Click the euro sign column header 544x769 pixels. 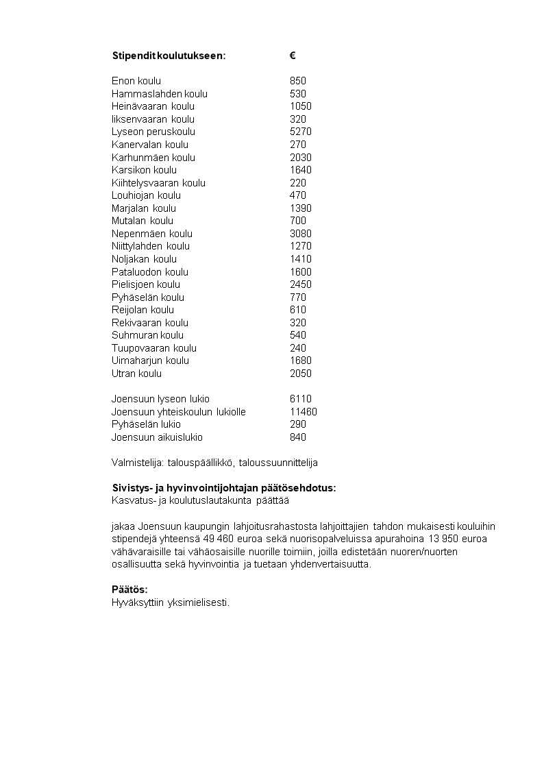(x=293, y=56)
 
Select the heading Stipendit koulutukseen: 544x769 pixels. (x=168, y=56)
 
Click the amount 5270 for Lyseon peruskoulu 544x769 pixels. (x=301, y=132)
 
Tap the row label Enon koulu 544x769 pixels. (x=136, y=81)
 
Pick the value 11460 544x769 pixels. (x=304, y=412)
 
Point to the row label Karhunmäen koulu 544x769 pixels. (x=153, y=158)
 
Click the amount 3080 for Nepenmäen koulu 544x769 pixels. (x=301, y=234)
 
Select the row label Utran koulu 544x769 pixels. (x=136, y=374)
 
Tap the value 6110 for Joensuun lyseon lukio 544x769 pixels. (x=301, y=399)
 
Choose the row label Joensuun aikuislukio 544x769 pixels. (x=157, y=437)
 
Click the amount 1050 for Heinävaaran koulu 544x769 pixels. (x=301, y=106)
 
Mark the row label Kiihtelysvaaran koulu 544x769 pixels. (x=158, y=183)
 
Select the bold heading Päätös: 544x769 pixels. (x=129, y=590)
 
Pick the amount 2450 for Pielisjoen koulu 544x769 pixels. (x=301, y=284)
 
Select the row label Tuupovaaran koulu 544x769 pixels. (x=154, y=348)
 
